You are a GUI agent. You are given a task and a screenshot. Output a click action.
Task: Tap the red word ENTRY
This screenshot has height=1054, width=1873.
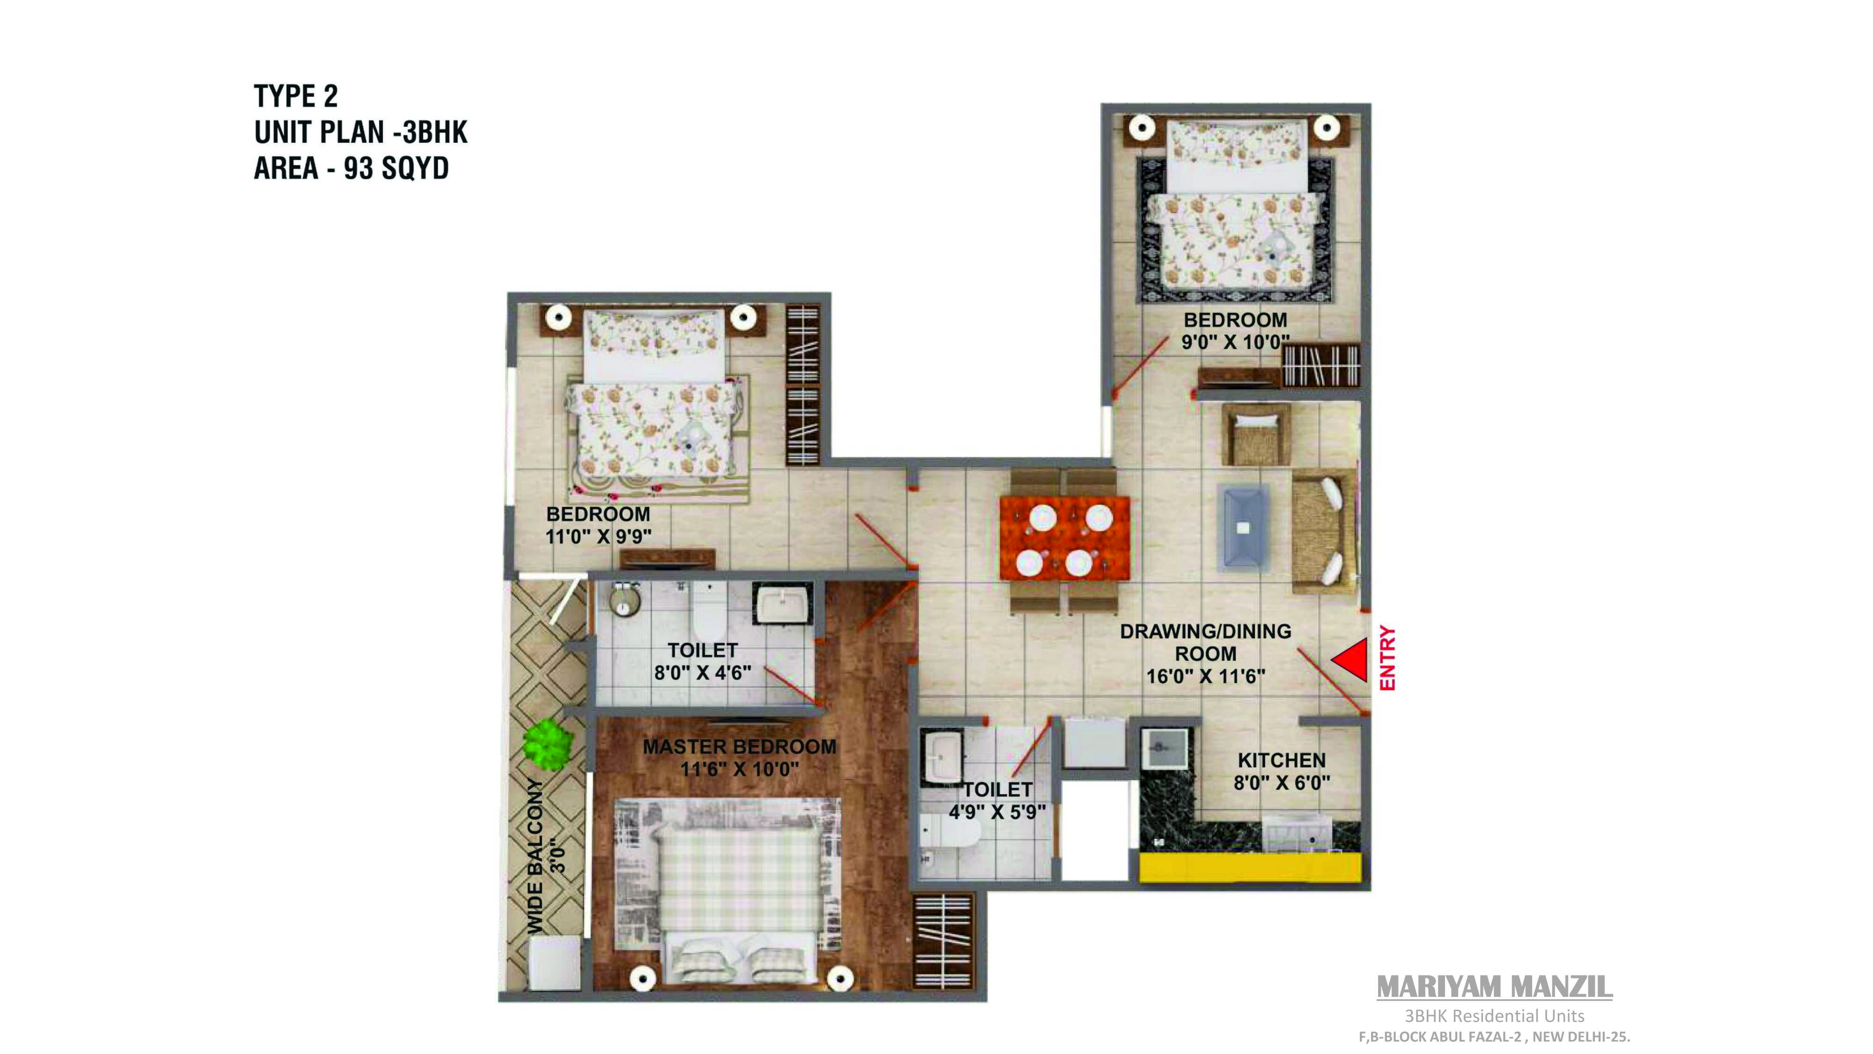tap(1387, 658)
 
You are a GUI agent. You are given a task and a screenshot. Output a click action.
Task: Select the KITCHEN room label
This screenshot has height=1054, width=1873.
tap(1282, 761)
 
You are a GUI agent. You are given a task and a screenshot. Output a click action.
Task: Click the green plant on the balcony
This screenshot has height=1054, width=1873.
tap(547, 744)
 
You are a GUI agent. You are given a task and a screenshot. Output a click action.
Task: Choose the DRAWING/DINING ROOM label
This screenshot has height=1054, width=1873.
tap(1206, 643)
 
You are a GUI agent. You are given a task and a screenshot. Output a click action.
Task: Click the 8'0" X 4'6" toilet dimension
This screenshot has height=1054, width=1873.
tap(702, 673)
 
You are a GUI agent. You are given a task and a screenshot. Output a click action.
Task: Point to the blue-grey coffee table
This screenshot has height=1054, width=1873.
tap(1243, 527)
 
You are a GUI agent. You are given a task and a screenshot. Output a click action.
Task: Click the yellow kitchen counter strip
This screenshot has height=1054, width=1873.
tap(1249, 868)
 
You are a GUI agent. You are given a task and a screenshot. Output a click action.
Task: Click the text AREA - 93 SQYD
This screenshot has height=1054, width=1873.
tap(351, 168)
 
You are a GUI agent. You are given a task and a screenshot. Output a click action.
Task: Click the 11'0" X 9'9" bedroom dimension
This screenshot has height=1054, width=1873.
tap(598, 536)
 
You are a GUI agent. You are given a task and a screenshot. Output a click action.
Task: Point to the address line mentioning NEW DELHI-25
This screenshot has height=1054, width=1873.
tap(1494, 1037)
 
